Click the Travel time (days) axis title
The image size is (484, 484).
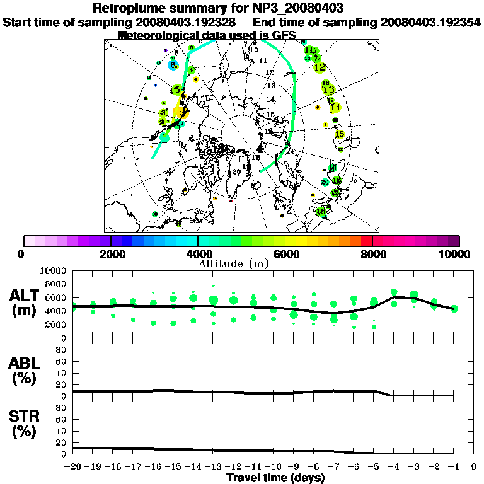pos(275,478)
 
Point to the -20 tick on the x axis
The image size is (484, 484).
pos(73,467)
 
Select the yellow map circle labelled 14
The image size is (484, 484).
pos(335,107)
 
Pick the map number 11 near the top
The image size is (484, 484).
pos(263,60)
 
